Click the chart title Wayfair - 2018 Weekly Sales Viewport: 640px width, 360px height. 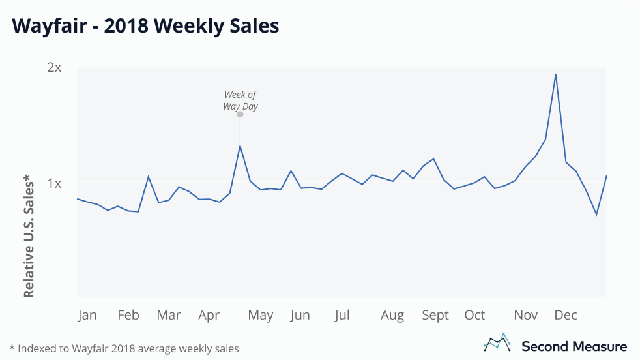145,26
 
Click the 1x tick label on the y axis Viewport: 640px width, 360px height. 55,183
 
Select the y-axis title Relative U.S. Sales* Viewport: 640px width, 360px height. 29,236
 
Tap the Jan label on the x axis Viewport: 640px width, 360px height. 87,315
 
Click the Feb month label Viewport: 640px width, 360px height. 128,315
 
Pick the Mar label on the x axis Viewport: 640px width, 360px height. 169,315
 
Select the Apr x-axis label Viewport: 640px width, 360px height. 209,316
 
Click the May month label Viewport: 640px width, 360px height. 260,316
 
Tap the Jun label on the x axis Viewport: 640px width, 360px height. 300,316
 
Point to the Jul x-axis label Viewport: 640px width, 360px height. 342,316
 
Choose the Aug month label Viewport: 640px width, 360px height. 392,316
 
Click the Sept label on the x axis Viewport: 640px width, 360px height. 435,316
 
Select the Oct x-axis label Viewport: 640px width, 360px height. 474,315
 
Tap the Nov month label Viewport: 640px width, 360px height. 526,315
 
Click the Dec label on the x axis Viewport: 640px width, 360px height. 566,315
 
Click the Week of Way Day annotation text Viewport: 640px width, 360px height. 240,100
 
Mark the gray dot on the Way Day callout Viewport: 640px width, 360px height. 240,115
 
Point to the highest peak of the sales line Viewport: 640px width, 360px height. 555,74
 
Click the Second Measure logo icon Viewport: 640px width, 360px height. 497,343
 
